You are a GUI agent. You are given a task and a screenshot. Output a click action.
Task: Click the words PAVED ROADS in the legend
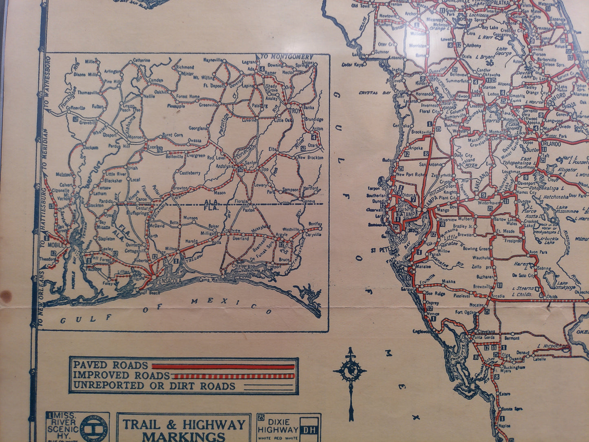[x=110, y=365]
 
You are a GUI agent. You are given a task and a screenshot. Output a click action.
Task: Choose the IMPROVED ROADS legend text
[x=121, y=375]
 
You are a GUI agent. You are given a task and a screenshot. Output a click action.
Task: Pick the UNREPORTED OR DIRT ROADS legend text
[x=154, y=386]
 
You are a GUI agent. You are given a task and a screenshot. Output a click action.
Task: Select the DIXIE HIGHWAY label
[x=278, y=426]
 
